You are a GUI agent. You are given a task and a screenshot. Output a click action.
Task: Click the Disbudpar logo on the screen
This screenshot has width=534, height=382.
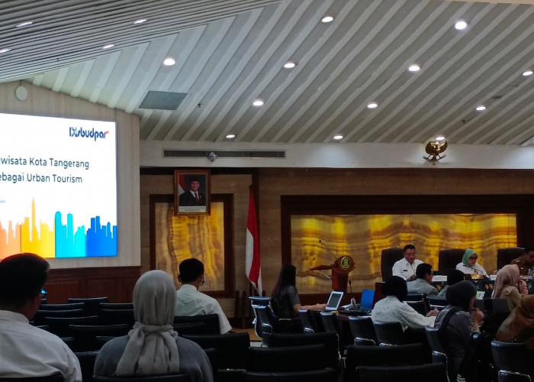(x=88, y=133)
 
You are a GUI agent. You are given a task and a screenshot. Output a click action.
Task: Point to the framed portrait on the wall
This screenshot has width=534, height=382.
(x=191, y=192)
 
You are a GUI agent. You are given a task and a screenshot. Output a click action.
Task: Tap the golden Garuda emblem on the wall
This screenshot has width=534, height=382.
(x=435, y=149)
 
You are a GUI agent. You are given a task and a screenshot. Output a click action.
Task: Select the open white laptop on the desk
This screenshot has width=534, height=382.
(x=334, y=300)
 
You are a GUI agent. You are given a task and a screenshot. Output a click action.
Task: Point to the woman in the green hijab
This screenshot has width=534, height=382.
(x=470, y=263)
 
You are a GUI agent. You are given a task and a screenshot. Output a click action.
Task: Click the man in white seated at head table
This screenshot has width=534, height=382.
(x=407, y=264)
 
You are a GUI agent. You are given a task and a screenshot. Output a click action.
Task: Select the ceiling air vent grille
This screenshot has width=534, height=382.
(x=162, y=100)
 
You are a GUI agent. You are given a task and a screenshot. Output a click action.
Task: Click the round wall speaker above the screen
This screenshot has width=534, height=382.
(x=21, y=93)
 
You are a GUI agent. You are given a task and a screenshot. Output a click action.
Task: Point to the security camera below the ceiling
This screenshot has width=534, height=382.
(x=212, y=157)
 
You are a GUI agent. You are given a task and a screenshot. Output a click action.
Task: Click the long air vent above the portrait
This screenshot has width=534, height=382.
(x=224, y=154)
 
